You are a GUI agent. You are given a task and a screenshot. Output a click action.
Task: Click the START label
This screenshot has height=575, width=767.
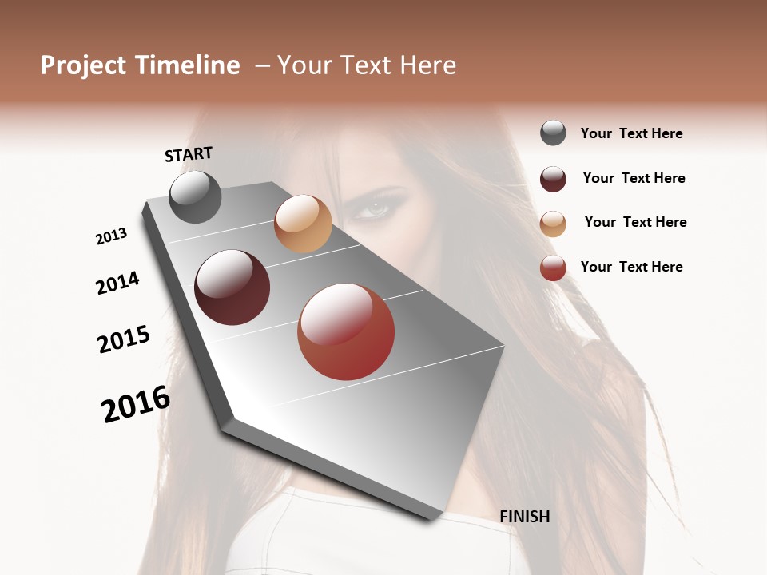[189, 154]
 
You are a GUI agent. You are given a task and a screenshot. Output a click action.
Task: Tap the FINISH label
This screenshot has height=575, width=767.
[525, 517]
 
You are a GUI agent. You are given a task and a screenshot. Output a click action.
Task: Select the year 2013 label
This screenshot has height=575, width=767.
[112, 236]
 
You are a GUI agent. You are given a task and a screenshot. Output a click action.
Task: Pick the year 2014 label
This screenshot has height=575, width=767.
[117, 283]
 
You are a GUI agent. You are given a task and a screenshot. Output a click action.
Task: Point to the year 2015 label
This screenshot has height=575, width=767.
[124, 339]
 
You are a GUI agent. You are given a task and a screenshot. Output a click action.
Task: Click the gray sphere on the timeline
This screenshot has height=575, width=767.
[195, 196]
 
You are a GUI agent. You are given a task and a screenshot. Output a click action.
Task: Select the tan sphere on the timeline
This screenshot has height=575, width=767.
[303, 224]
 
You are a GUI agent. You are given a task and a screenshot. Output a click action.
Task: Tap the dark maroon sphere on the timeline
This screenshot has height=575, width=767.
[232, 287]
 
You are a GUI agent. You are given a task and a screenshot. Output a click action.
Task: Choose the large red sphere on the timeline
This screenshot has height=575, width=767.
[346, 331]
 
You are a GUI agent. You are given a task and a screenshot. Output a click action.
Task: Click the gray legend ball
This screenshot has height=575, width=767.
[553, 133]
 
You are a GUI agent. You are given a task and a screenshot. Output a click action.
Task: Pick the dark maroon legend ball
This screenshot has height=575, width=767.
[553, 179]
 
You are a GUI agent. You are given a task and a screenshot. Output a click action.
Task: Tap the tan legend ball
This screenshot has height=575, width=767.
[553, 224]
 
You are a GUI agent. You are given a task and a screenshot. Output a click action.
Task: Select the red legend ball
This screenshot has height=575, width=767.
[553, 268]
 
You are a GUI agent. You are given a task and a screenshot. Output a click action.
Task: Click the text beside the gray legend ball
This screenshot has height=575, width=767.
[631, 133]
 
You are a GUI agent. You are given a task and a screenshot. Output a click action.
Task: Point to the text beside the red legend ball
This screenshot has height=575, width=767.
[631, 267]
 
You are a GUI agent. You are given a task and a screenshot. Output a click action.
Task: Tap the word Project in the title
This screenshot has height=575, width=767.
[83, 65]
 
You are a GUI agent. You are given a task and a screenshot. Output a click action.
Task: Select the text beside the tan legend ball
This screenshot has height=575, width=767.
[635, 222]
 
